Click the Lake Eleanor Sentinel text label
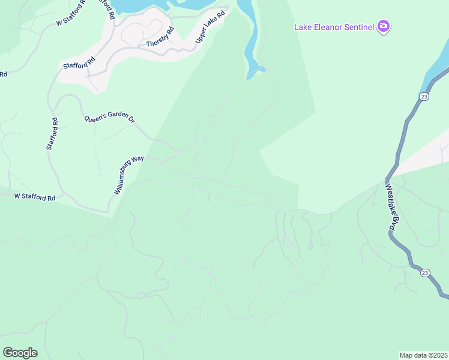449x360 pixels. pyautogui.click(x=334, y=26)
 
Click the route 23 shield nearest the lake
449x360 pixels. pyautogui.click(x=424, y=97)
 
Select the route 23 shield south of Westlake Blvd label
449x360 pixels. pyautogui.click(x=424, y=273)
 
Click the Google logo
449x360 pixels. pyautogui.click(x=20, y=352)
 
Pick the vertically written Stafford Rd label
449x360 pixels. pyautogui.click(x=52, y=133)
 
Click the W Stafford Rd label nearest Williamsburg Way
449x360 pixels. pyautogui.click(x=35, y=197)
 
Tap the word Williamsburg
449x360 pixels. pyautogui.click(x=125, y=178)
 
